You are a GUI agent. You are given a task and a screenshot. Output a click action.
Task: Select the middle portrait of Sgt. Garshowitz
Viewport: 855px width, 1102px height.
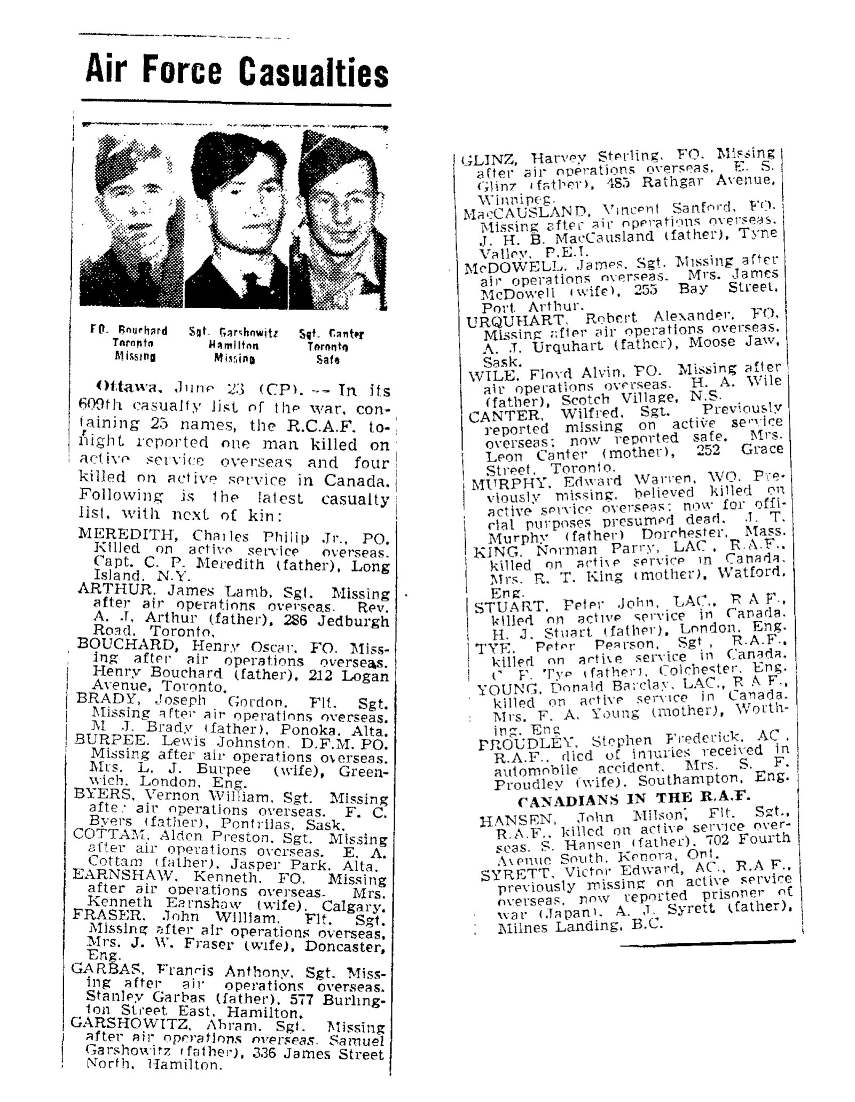(239, 219)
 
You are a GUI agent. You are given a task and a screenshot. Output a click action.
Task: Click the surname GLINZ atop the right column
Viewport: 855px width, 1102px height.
(489, 159)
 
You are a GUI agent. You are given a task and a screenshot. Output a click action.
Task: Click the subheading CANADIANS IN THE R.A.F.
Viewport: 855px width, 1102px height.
(634, 797)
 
